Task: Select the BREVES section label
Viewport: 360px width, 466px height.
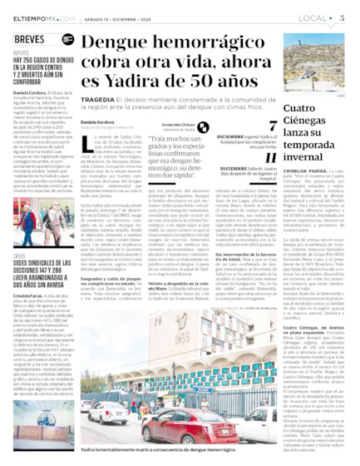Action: [x=30, y=39]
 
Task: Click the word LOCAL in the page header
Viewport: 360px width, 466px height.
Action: [x=311, y=17]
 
